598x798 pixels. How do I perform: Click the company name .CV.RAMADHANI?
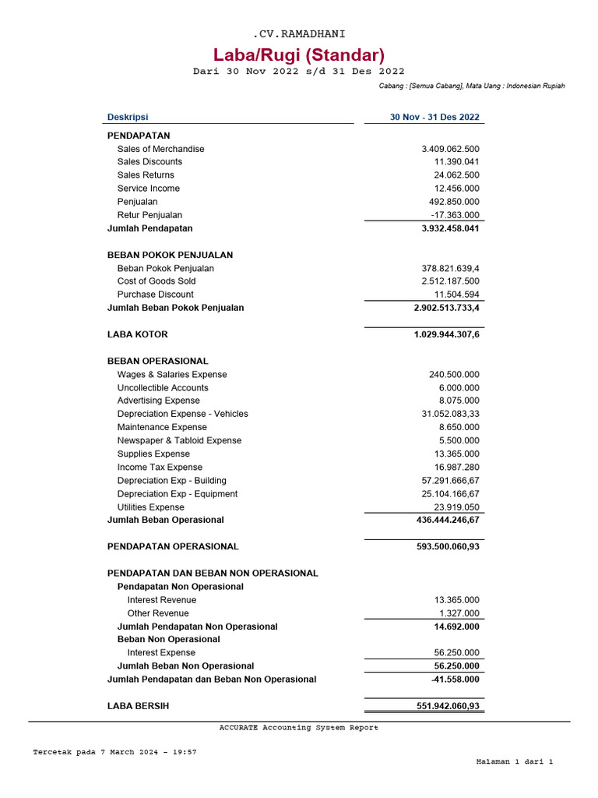(x=299, y=34)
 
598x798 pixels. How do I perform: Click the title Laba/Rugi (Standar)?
(x=299, y=55)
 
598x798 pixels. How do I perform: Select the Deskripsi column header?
(x=128, y=118)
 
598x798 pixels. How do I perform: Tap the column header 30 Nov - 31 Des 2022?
(x=434, y=118)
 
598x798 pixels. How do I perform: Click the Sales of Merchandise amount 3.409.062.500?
(x=450, y=149)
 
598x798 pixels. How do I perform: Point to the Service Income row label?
(x=148, y=189)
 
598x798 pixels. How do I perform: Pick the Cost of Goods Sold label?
(x=157, y=281)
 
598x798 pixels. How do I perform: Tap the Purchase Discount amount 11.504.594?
(x=456, y=295)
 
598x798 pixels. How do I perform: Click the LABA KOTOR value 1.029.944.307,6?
(x=447, y=334)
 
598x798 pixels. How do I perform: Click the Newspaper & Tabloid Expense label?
(x=179, y=440)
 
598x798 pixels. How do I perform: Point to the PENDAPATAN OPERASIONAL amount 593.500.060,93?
(x=448, y=546)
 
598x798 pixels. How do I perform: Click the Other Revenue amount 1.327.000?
(x=459, y=613)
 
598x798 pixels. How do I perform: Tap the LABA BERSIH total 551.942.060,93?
(x=448, y=706)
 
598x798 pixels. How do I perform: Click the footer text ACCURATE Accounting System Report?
(x=299, y=728)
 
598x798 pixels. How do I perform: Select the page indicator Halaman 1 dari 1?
(x=514, y=761)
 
